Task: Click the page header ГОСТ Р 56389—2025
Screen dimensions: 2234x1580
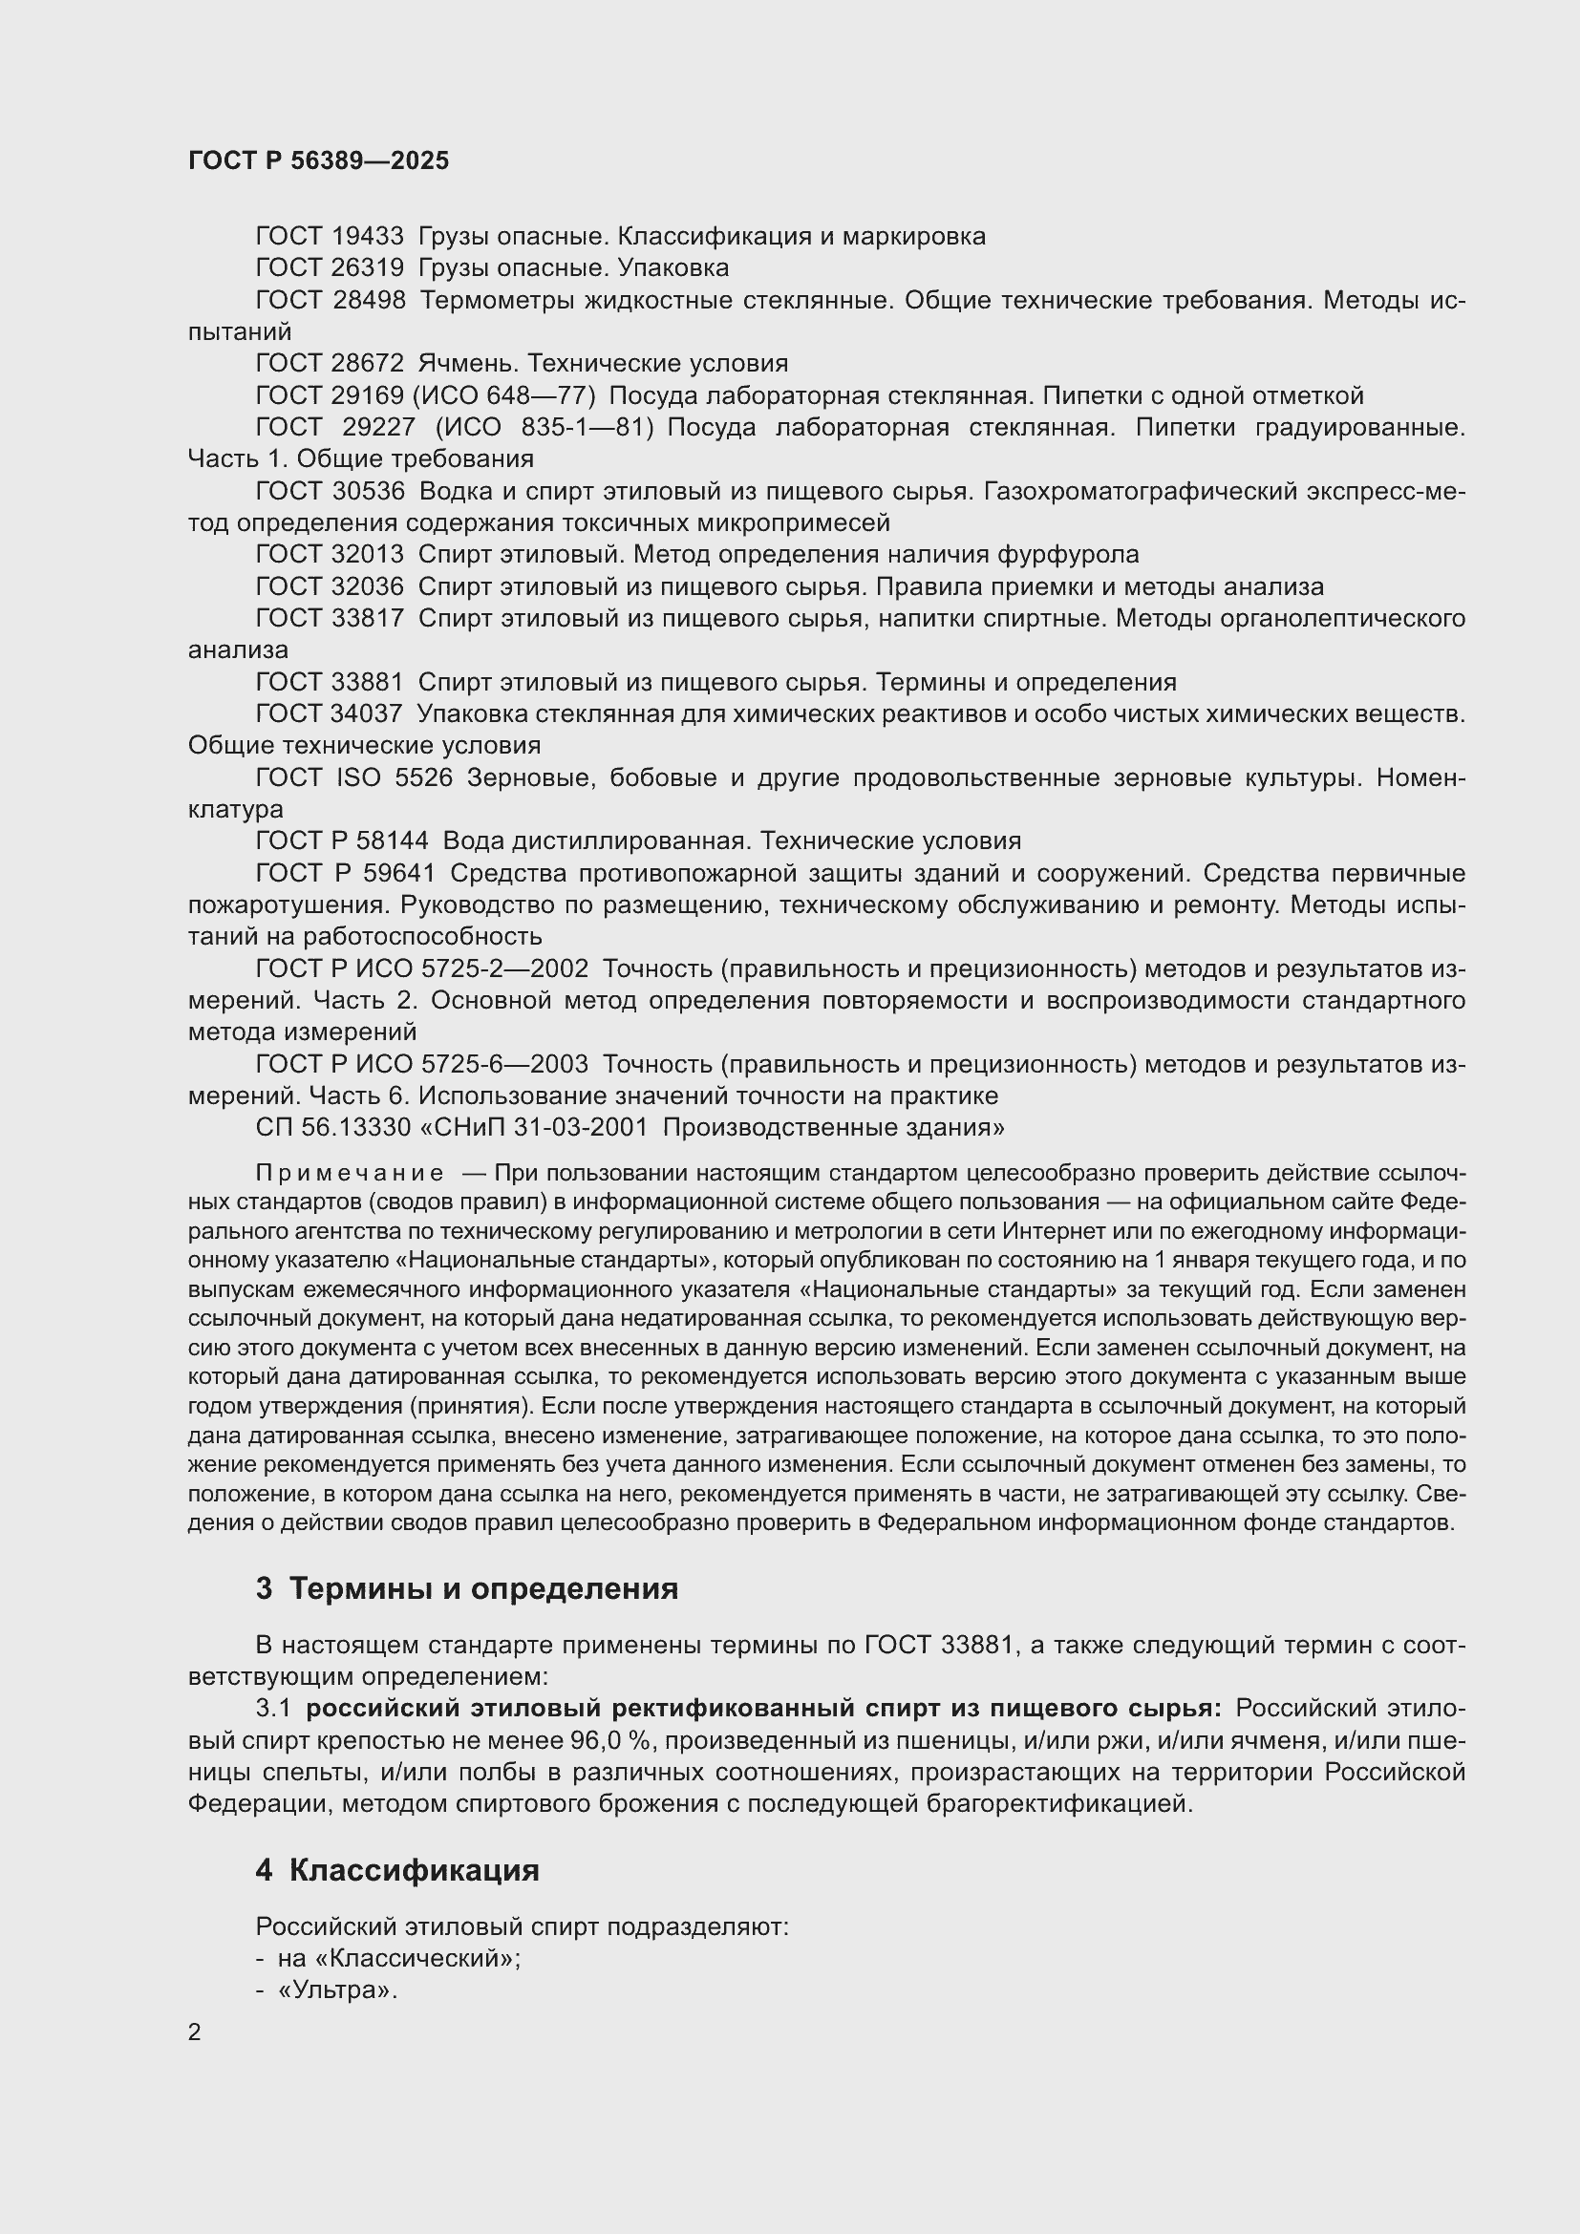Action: pos(318,160)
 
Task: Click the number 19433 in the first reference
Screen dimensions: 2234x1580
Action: pos(368,237)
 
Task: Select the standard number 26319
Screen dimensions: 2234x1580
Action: pos(368,267)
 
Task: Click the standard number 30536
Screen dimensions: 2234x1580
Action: pos(368,491)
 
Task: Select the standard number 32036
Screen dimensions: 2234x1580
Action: pos(368,586)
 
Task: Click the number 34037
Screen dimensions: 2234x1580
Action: pos(367,713)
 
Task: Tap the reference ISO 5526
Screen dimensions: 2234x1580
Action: pos(394,777)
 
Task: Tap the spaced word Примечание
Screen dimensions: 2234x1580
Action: pos(350,1174)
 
